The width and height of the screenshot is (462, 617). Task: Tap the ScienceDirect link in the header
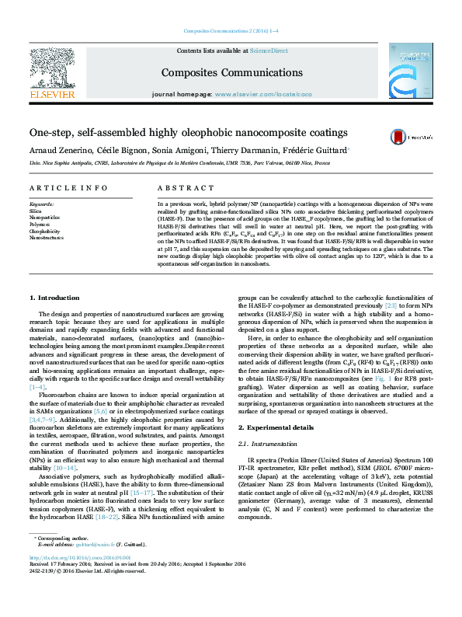coord(269,51)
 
